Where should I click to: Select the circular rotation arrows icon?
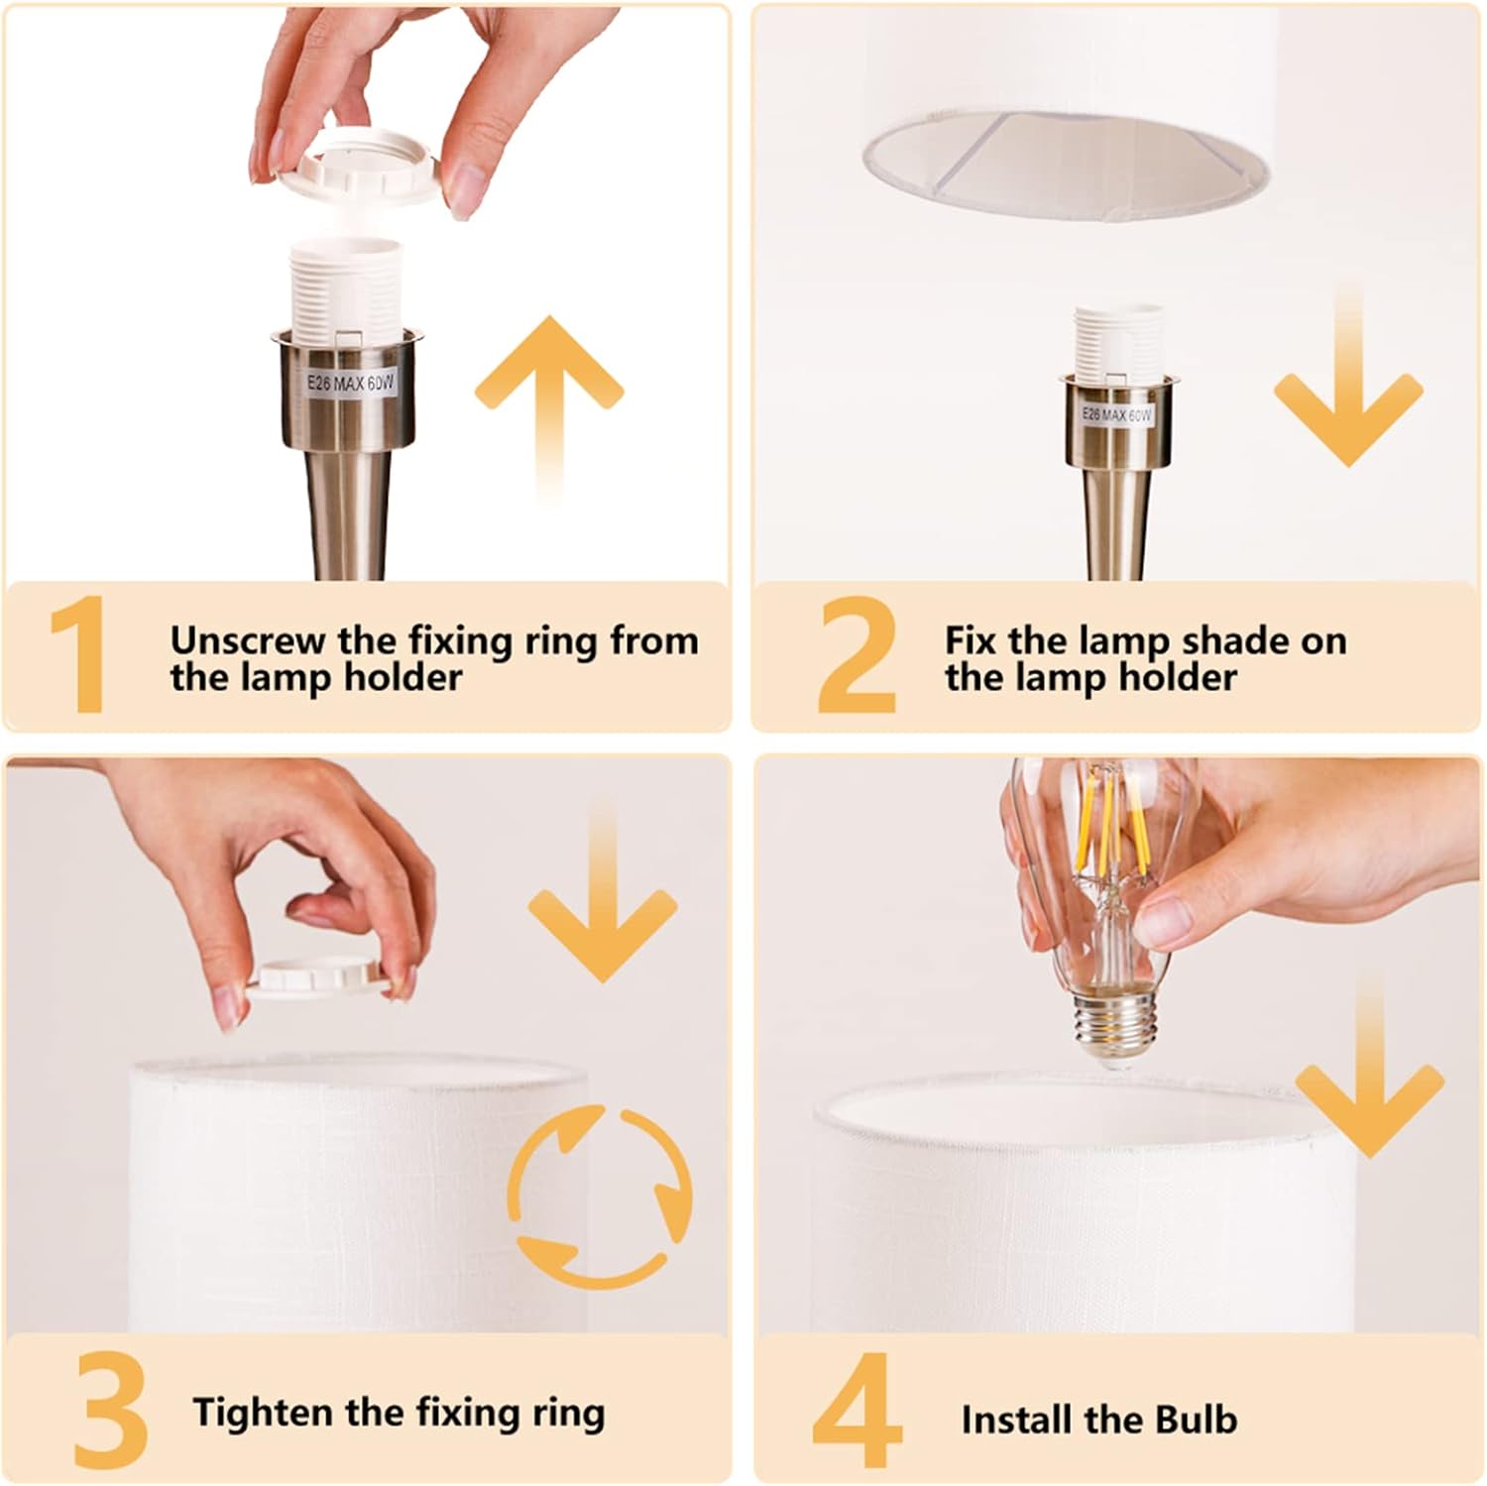point(600,1196)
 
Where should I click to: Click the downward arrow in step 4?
point(1369,1066)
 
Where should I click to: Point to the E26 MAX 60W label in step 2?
point(1117,414)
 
